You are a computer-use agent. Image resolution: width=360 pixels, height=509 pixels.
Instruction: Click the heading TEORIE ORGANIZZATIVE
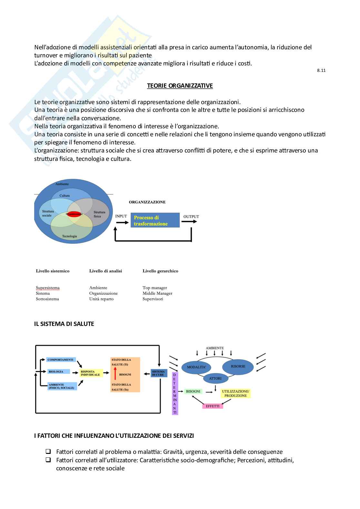point(180,86)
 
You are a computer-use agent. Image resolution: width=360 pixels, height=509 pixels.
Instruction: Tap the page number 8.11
point(321,70)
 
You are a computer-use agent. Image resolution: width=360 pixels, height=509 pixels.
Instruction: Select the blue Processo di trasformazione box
point(155,220)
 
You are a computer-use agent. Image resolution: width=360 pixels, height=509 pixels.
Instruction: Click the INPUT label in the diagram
point(121,216)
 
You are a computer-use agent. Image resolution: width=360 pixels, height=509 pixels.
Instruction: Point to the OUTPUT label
point(191,217)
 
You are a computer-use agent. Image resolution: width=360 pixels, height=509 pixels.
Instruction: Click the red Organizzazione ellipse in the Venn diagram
point(74,214)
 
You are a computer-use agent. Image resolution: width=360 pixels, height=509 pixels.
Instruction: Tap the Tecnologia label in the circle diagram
point(69,236)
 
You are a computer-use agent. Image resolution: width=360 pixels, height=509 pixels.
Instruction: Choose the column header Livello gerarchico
point(160,271)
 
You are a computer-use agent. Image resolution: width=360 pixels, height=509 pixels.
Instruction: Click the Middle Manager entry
point(157,293)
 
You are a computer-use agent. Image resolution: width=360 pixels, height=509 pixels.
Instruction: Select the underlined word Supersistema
point(47,288)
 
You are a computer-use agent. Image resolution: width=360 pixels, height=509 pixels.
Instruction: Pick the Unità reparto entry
point(101,299)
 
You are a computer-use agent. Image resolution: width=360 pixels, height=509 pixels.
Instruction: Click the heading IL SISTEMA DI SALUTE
point(64,324)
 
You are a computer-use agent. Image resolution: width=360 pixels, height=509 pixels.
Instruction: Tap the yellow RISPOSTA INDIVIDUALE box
point(91,373)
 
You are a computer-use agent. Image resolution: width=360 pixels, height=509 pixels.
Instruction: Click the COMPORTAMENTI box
point(61,360)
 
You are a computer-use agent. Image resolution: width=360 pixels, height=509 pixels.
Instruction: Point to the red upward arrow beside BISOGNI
point(115,375)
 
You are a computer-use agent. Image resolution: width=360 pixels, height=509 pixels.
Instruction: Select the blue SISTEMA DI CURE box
point(159,373)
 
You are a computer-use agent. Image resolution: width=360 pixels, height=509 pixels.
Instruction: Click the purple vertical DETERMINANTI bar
point(175,394)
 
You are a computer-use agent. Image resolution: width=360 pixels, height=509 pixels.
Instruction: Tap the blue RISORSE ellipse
point(238,367)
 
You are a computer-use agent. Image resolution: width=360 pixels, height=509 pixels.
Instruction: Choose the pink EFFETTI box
point(213,406)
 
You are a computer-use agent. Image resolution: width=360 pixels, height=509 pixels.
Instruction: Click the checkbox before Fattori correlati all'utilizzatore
point(48,460)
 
